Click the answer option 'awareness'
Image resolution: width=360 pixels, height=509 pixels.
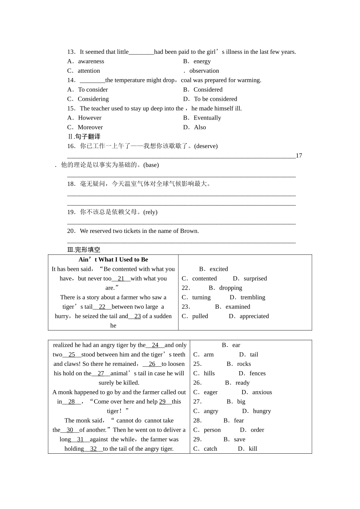(91, 61)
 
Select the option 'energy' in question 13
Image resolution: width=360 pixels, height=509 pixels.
(202, 61)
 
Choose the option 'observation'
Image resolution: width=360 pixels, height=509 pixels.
(204, 71)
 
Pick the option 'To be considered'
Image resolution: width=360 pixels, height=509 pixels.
(215, 99)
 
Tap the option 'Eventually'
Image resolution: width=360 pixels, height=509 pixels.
(207, 118)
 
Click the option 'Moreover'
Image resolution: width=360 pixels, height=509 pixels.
(90, 127)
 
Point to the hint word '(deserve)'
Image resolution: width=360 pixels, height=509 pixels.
(206, 146)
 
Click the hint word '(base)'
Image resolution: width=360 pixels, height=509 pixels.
(151, 165)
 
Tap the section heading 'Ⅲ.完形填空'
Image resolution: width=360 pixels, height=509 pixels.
(84, 250)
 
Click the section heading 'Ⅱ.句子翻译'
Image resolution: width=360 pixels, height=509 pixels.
(84, 137)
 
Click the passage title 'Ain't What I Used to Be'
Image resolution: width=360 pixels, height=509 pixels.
(113, 259)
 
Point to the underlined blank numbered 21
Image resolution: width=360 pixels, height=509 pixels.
(121, 278)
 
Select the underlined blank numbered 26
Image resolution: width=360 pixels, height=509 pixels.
(152, 364)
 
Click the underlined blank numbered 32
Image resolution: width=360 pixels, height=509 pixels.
(93, 449)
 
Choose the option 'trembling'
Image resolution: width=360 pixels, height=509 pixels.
(253, 297)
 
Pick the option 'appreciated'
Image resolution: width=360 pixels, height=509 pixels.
(254, 316)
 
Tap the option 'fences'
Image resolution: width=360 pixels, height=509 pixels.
(257, 373)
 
